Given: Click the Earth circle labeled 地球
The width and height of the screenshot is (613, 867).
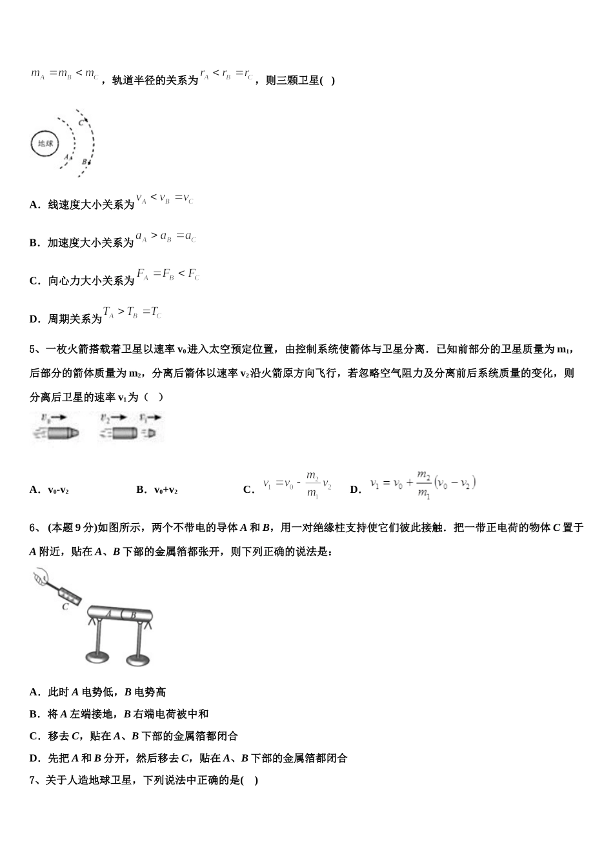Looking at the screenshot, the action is [x=45, y=144].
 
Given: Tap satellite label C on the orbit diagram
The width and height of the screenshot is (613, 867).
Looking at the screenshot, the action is [x=81, y=123].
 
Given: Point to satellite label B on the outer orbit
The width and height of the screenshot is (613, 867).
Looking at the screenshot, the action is [x=85, y=161].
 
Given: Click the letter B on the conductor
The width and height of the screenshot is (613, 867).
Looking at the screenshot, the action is [x=132, y=615].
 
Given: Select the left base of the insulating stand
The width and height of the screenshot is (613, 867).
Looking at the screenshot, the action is [x=99, y=658].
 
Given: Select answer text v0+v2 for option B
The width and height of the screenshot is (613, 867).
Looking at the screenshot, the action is [x=166, y=490].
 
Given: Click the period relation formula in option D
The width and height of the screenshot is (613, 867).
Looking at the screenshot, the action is [x=132, y=314].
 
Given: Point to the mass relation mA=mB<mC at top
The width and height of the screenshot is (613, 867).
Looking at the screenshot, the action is [x=65, y=74].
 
